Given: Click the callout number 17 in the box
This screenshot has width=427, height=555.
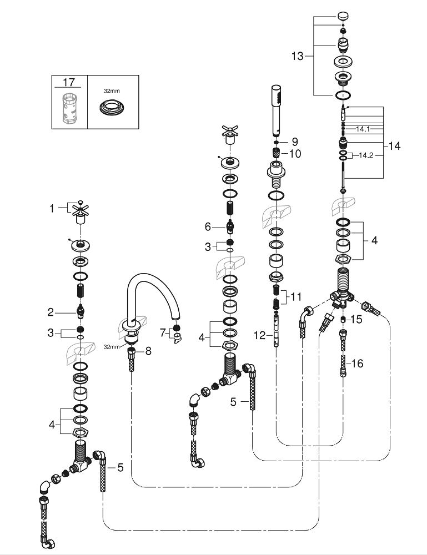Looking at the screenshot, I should (69, 82).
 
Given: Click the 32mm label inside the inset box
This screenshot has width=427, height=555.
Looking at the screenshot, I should (112, 89).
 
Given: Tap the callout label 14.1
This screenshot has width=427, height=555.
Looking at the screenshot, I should (363, 129).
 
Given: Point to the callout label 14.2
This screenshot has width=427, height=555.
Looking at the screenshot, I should (366, 155).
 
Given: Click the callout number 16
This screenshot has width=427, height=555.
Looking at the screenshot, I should (357, 364).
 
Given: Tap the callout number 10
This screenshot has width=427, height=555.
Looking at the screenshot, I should (295, 154).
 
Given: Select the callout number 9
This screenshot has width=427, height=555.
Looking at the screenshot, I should (295, 142).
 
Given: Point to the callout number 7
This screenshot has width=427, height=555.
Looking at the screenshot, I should (163, 332).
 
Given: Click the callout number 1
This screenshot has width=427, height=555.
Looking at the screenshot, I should (52, 209).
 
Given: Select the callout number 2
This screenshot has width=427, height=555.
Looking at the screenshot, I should (51, 312).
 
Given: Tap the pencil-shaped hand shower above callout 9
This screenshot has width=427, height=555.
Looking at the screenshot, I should (275, 111).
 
